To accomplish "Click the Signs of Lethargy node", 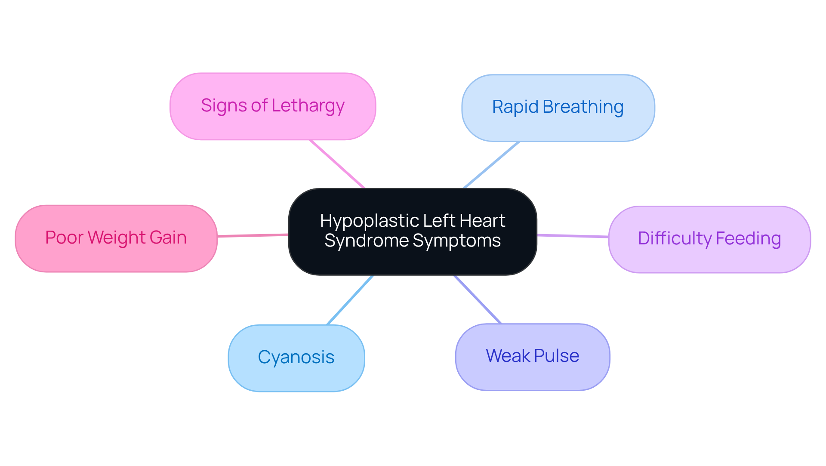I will [x=273, y=106].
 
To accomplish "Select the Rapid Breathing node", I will [x=558, y=108].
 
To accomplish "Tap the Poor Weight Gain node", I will [x=116, y=238].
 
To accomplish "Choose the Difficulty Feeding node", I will [x=709, y=239].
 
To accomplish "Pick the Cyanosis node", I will [x=296, y=358].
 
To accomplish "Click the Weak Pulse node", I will [x=533, y=357].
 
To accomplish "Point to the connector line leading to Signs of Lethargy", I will [x=337, y=164].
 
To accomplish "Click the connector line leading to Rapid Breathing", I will [x=491, y=165].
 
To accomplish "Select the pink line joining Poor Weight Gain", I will [x=253, y=235].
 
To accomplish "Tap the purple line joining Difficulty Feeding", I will [x=573, y=236].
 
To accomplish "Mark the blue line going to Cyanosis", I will [x=350, y=300].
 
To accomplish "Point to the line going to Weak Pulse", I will [x=478, y=299].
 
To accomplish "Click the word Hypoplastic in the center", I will [x=370, y=221].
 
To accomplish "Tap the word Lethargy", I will [x=308, y=106].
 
